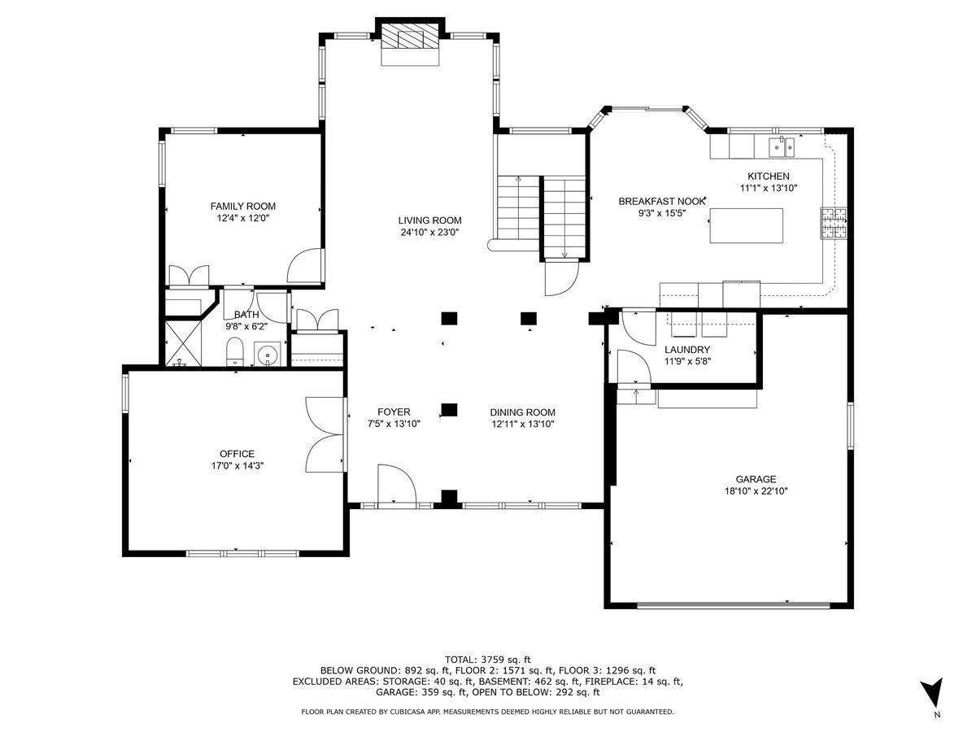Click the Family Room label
(x=242, y=207)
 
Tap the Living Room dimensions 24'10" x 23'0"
(x=429, y=232)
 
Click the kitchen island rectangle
(x=746, y=225)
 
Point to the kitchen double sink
(x=782, y=147)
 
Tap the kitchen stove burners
(x=834, y=223)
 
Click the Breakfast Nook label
(x=661, y=202)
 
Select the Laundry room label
(x=687, y=350)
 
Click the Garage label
(x=756, y=479)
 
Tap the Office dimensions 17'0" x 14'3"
(x=237, y=466)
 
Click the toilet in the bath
(x=234, y=351)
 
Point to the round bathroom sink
(x=268, y=355)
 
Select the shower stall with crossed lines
(x=183, y=343)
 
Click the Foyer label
(x=394, y=412)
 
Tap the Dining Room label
(x=522, y=412)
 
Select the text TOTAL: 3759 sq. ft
(x=488, y=660)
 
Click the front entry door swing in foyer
(x=397, y=485)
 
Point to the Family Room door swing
(x=304, y=265)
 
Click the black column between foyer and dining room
(x=450, y=409)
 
